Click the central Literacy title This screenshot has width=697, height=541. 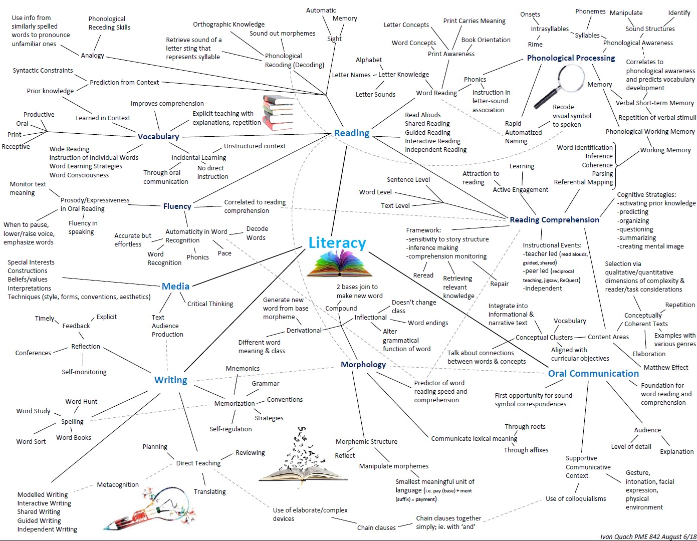337,243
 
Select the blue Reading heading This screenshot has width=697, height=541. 352,133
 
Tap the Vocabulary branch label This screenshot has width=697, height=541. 158,136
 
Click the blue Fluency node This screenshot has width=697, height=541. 177,206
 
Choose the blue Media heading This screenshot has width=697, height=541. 175,286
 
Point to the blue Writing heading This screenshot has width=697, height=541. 170,380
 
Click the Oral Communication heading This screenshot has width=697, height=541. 593,373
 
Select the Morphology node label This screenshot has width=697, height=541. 363,364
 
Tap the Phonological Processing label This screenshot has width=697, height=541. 571,58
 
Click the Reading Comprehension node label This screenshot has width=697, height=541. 554,219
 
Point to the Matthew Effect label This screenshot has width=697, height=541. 666,367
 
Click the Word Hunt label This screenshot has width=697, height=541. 81,401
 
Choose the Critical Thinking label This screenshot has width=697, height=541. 210,304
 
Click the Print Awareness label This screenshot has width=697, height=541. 451,54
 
